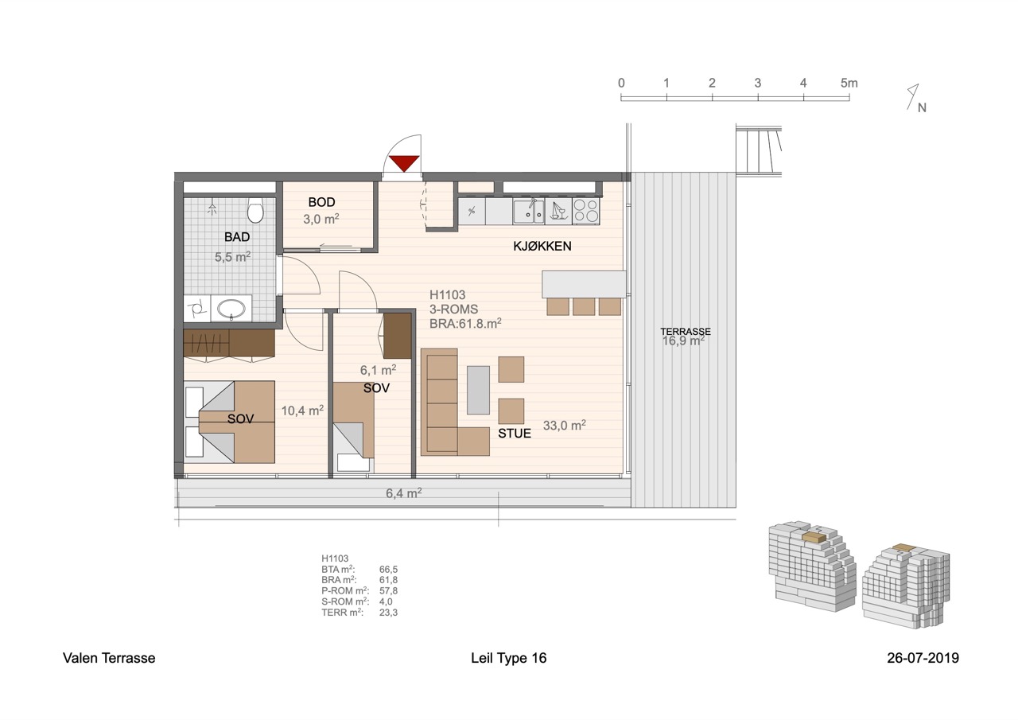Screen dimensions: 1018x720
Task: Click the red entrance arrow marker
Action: coord(404,163)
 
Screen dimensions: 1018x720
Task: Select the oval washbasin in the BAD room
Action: coord(231,309)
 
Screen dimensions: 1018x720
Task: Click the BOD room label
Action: coord(322,202)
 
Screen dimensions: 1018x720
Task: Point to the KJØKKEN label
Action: coord(542,246)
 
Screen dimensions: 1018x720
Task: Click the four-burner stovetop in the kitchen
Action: coord(586,212)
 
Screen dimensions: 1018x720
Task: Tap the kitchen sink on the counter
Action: coord(529,212)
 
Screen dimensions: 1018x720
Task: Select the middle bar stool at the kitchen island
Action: coord(584,307)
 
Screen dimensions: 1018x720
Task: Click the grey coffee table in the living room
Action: coord(479,390)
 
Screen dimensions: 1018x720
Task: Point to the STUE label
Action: coord(515,433)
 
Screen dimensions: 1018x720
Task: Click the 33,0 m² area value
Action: coord(565,425)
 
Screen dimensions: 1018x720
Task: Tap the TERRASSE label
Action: coord(686,332)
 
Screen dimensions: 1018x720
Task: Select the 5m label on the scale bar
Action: coord(849,84)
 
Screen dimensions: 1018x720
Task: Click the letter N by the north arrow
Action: coord(922,107)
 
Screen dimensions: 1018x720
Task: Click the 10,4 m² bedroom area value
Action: coord(302,411)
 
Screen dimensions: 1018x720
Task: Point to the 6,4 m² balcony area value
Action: coord(403,492)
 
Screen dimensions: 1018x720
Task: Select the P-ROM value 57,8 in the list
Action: coord(389,590)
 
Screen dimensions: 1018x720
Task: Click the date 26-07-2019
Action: coord(923,658)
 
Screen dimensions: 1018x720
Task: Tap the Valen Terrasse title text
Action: coord(109,658)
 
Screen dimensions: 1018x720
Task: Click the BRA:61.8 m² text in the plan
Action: coord(465,323)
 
